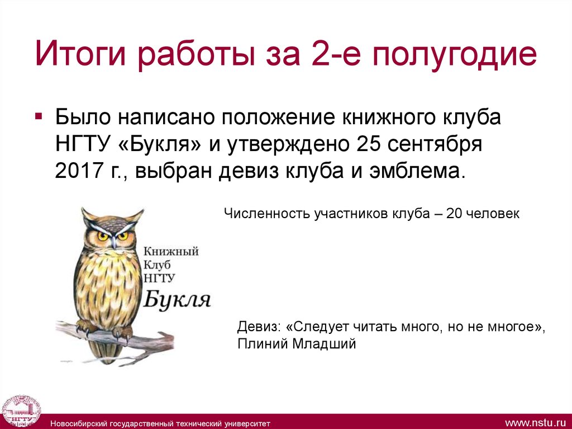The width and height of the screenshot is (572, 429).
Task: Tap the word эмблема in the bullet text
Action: pyautogui.click(x=414, y=171)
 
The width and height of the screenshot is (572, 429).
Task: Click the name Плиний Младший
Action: pyautogui.click(x=296, y=344)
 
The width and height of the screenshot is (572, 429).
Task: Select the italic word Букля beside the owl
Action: pyautogui.click(x=177, y=300)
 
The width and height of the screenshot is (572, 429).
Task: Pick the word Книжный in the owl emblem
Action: pyautogui.click(x=171, y=251)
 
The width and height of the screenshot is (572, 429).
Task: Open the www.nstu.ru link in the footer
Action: pyautogui.click(x=536, y=421)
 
